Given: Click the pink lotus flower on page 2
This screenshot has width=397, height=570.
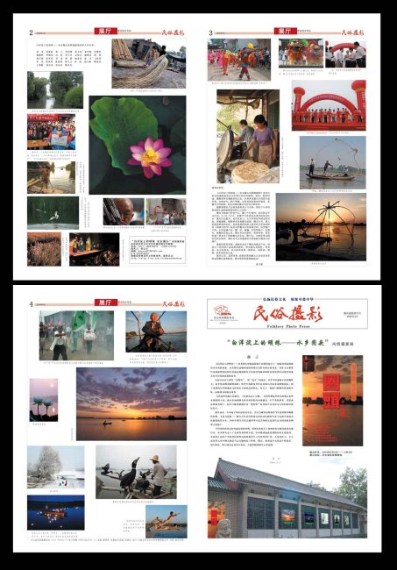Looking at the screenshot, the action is (149, 157).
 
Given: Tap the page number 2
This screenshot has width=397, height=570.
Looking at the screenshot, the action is (32, 33).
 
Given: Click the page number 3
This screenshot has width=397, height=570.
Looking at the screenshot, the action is (211, 33).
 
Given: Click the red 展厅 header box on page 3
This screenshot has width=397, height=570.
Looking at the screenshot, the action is (285, 31).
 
